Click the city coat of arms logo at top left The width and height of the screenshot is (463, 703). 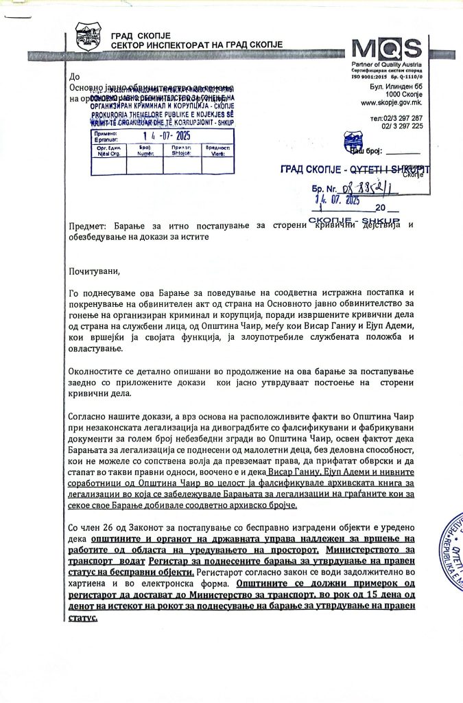[x=88, y=37]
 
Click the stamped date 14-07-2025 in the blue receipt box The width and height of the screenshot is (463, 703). [x=163, y=135]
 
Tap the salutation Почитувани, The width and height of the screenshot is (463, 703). [x=94, y=270]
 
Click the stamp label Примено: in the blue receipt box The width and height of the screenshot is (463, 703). [x=104, y=132]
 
